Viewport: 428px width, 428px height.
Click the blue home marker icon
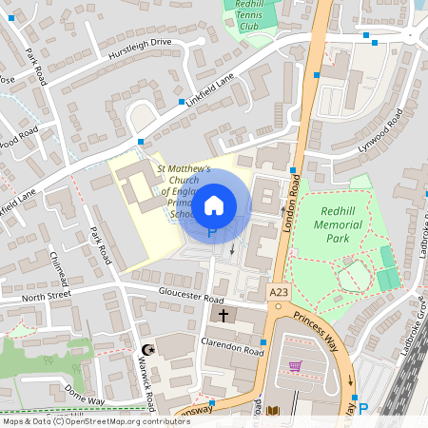point(215,204)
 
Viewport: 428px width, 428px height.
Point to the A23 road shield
point(278,293)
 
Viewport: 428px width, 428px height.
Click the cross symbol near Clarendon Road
point(224,315)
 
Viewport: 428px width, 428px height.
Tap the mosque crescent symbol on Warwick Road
point(146,349)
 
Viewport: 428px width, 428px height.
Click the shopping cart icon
point(295,366)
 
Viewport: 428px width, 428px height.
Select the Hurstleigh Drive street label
point(139,42)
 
